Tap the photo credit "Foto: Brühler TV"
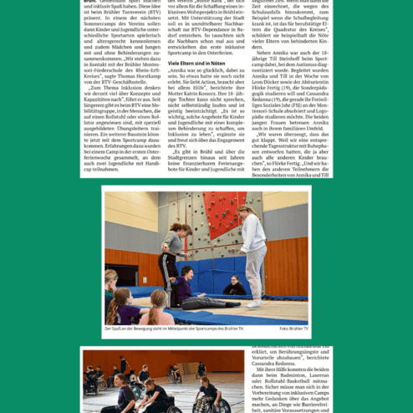pyautogui.click(x=294, y=329)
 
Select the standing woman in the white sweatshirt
pyautogui.click(x=253, y=251)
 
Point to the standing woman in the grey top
pyautogui.click(x=174, y=251)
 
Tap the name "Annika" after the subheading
pyautogui.click(x=176, y=72)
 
